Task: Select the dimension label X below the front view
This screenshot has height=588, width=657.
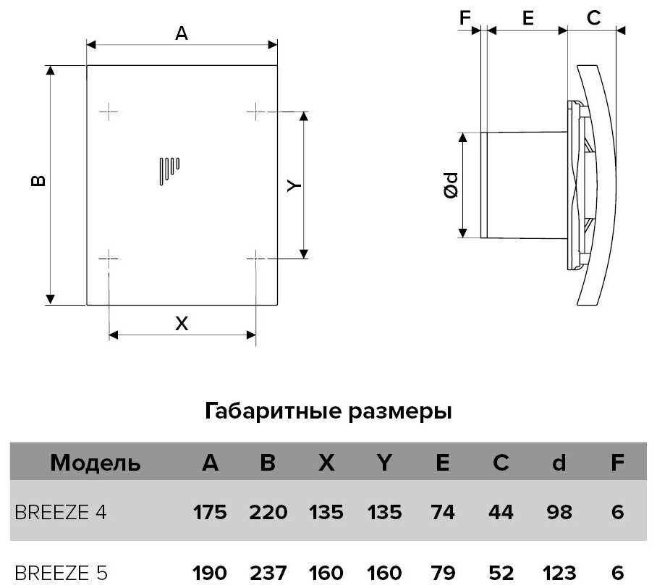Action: click(x=182, y=324)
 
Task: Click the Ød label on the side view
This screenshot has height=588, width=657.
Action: click(x=450, y=185)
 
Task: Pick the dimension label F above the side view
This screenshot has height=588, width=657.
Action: click(x=465, y=20)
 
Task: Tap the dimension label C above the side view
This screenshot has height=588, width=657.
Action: click(x=593, y=20)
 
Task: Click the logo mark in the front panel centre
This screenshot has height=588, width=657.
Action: click(x=169, y=170)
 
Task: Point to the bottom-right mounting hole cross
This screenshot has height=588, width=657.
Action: click(x=257, y=257)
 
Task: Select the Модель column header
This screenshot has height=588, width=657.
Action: click(x=96, y=463)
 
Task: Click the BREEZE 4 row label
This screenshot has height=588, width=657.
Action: click(x=59, y=513)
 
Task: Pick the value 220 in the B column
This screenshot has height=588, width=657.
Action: click(x=268, y=513)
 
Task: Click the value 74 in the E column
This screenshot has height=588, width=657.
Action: click(x=441, y=513)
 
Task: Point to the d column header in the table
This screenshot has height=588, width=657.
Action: click(x=558, y=463)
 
